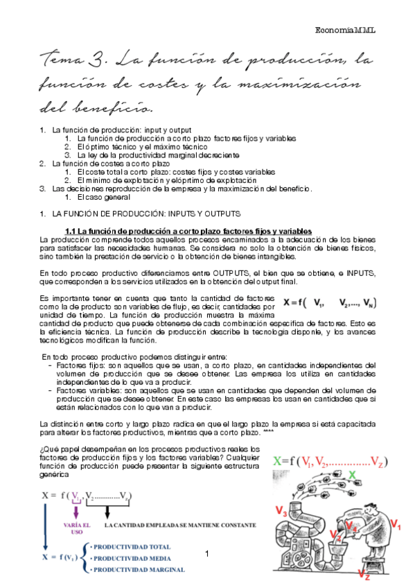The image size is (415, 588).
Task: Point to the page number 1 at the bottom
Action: (x=207, y=553)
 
